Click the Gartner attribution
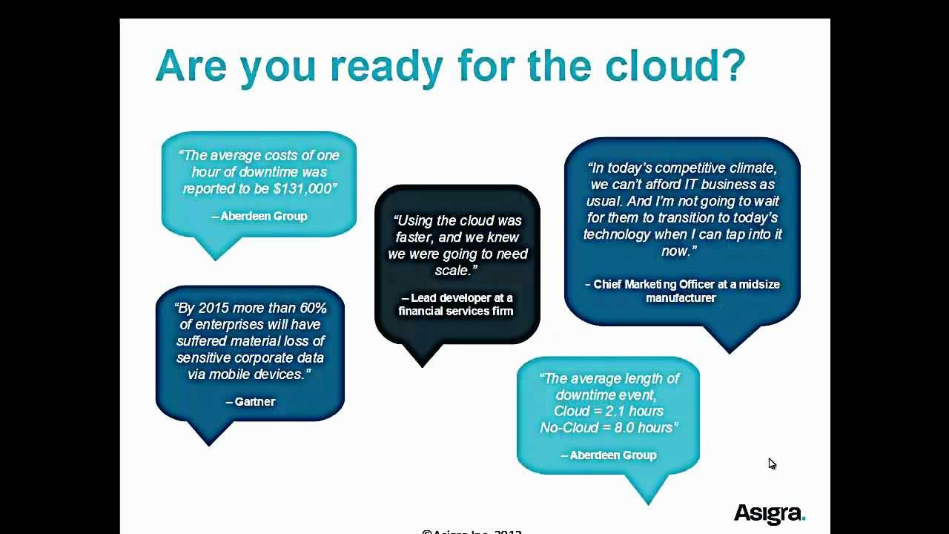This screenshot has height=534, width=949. coord(251,401)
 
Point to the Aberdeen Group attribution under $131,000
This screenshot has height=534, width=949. coord(259,216)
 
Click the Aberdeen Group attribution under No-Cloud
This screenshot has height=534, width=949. coord(609,455)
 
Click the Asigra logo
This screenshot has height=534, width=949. coord(769,512)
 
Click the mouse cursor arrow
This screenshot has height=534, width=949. coord(771,462)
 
